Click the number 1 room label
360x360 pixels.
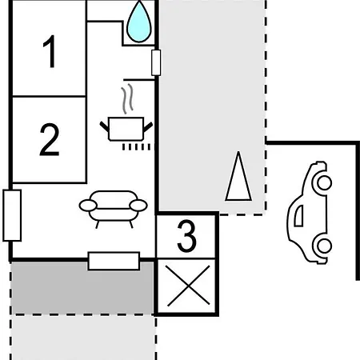click(x=50, y=51)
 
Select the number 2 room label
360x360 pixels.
click(x=50, y=139)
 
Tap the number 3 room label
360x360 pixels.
click(x=186, y=236)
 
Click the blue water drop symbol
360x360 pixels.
click(x=139, y=22)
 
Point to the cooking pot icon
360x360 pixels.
click(x=126, y=129)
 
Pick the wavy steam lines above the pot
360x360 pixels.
click(x=127, y=98)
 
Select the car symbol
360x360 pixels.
click(x=310, y=213)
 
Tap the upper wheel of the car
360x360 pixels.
click(x=324, y=183)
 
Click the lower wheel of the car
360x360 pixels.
click(x=324, y=246)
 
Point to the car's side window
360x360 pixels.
click(x=299, y=216)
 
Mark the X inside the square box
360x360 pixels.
click(x=188, y=286)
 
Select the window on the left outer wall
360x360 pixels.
click(x=12, y=215)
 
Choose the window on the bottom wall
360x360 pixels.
click(x=114, y=261)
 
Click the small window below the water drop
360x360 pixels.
click(x=156, y=62)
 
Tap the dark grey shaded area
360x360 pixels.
click(x=82, y=288)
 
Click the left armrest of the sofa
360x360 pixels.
click(x=88, y=206)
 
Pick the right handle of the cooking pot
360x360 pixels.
click(x=148, y=126)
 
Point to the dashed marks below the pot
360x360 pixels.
click(x=136, y=147)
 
